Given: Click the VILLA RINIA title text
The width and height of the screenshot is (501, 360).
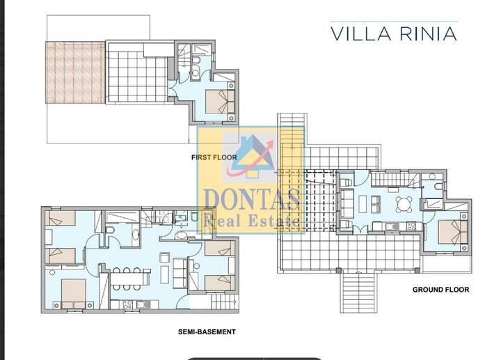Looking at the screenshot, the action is pyautogui.click(x=394, y=33).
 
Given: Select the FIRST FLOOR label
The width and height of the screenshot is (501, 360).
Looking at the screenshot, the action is pyautogui.click(x=214, y=157).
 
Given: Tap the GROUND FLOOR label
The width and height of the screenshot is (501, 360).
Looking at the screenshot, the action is pyautogui.click(x=440, y=290).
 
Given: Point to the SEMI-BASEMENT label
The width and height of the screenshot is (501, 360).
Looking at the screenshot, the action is pyautogui.click(x=207, y=332).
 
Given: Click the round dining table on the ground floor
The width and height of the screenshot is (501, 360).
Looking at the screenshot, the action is pyautogui.click(x=404, y=205).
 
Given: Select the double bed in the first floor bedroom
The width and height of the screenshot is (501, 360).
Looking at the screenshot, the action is pyautogui.click(x=220, y=102).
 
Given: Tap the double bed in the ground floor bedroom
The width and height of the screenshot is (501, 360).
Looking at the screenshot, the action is pyautogui.click(x=453, y=232).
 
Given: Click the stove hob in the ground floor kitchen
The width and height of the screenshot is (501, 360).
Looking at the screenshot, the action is pyautogui.click(x=411, y=226).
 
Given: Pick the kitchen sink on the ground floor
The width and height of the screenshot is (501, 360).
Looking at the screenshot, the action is pyautogui.click(x=390, y=227).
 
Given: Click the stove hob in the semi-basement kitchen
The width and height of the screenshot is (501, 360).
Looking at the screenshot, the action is pyautogui.click(x=127, y=304).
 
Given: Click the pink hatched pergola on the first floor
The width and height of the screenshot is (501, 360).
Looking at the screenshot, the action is pyautogui.click(x=75, y=72).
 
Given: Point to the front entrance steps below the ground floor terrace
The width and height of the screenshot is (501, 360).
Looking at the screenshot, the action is pyautogui.click(x=358, y=292).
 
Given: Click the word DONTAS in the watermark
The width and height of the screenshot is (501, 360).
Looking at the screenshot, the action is pyautogui.click(x=251, y=200).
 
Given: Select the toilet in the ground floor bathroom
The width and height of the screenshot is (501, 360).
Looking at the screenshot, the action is pyautogui.click(x=438, y=187).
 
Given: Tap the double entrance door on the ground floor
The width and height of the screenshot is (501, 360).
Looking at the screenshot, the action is pyautogui.click(x=361, y=229).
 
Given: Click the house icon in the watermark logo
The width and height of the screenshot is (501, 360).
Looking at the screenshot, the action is pyautogui.click(x=253, y=156).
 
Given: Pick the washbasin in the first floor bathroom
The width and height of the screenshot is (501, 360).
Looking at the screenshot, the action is pyautogui.click(x=196, y=73).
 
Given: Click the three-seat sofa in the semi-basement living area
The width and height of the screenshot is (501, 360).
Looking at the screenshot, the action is pyautogui.click(x=180, y=273).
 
